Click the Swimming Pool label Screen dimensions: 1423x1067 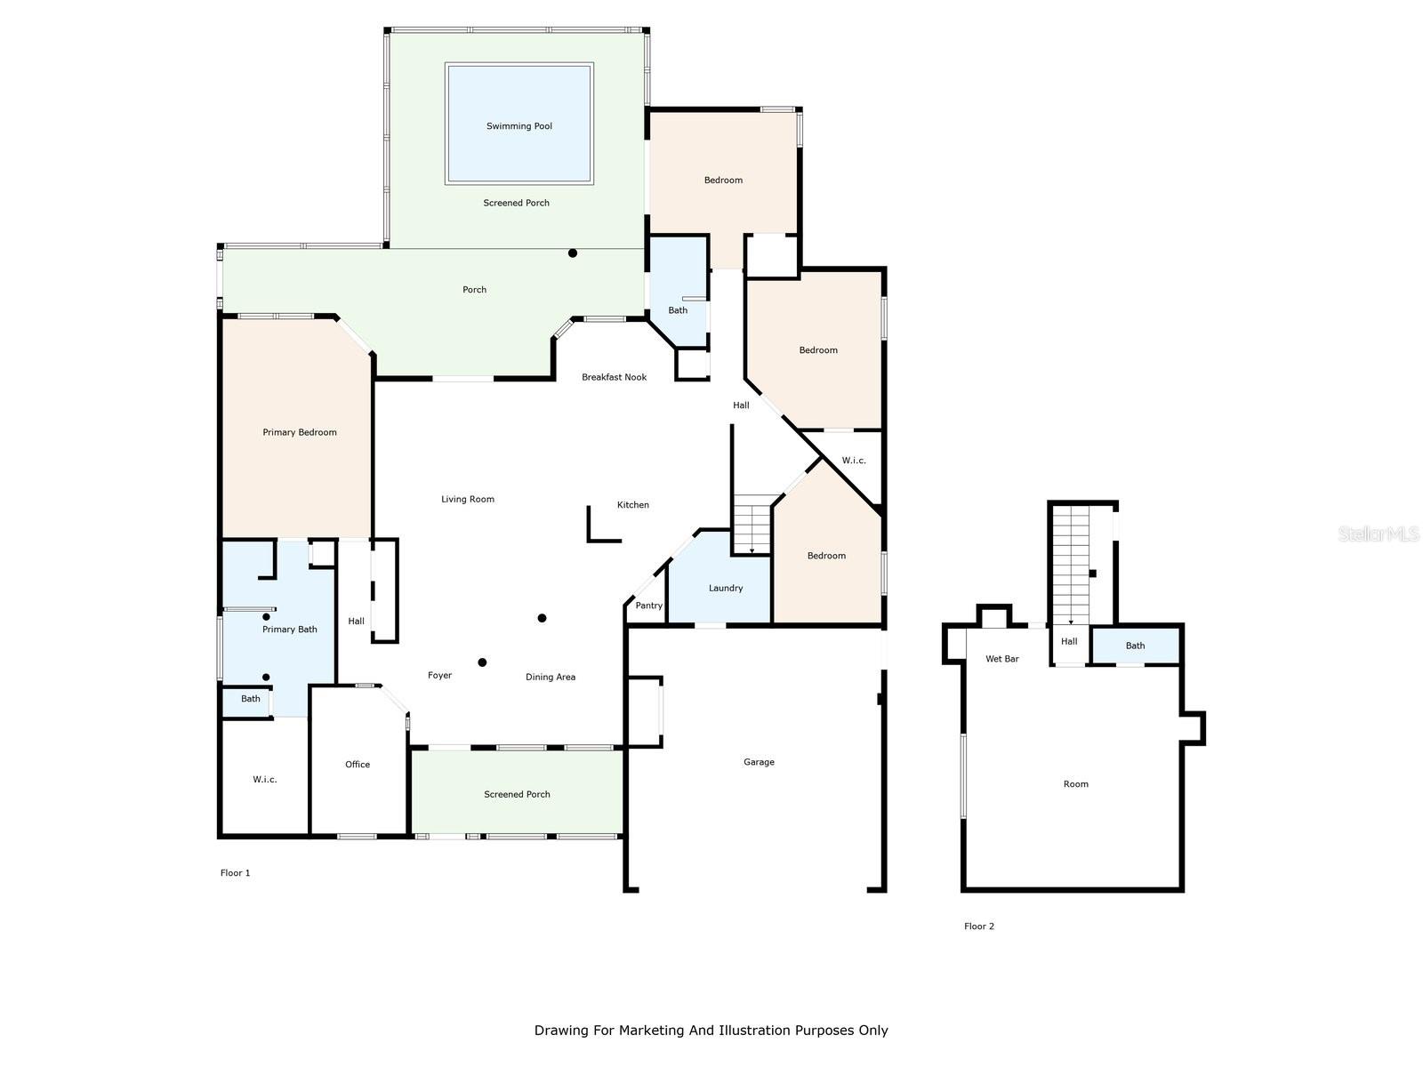(519, 126)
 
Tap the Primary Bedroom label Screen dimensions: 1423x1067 (300, 432)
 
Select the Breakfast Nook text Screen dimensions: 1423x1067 (614, 377)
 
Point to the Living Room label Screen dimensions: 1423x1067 (468, 499)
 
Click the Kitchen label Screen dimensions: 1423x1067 (632, 505)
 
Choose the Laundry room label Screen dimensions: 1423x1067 (726, 589)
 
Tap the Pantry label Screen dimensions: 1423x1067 (648, 606)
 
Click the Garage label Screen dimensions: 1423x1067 (759, 762)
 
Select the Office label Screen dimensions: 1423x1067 (358, 765)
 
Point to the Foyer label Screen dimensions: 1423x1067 (439, 675)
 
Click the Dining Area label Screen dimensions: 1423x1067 (551, 677)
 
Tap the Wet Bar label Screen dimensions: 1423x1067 (1001, 659)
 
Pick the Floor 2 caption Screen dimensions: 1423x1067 (979, 927)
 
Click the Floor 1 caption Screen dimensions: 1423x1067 (235, 873)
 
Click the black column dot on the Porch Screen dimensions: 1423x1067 (573, 253)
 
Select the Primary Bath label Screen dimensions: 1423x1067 (289, 629)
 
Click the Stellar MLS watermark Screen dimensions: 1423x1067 (1379, 533)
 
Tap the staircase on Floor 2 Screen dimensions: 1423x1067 (1070, 565)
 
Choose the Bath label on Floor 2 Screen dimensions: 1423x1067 (1135, 646)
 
